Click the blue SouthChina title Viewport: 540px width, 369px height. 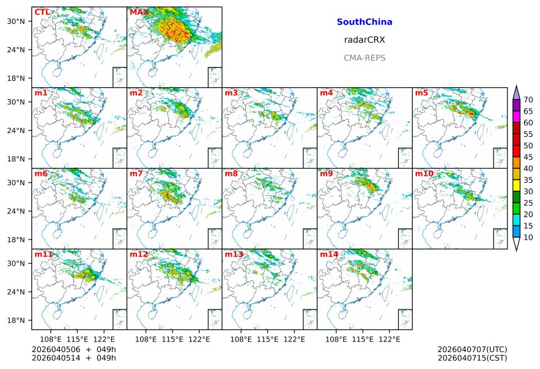pyautogui.click(x=364, y=22)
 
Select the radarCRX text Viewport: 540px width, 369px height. pyautogui.click(x=364, y=40)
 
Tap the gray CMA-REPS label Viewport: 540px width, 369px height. pyautogui.click(x=364, y=58)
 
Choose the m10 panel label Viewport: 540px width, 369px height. pyautogui.click(x=424, y=174)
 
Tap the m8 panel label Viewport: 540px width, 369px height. pyautogui.click(x=231, y=174)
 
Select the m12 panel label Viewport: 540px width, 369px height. pyautogui.click(x=139, y=255)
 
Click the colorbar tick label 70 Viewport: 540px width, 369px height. pyautogui.click(x=528, y=100)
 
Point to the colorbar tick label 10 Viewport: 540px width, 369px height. pyautogui.click(x=528, y=238)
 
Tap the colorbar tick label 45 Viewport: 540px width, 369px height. pyautogui.click(x=528, y=158)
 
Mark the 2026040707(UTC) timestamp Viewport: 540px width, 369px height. pyautogui.click(x=472, y=349)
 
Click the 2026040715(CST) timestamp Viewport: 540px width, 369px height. pyautogui.click(x=472, y=358)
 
